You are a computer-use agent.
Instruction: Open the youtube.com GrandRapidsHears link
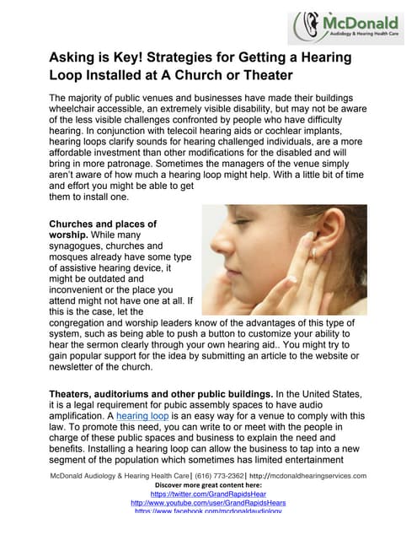208,504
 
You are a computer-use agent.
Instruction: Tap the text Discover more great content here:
208,486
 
